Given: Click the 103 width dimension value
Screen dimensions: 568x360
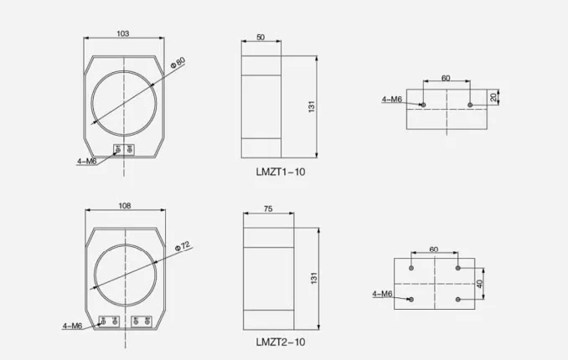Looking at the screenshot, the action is pyautogui.click(x=123, y=33).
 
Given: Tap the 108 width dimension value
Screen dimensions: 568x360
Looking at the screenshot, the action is pyautogui.click(x=125, y=206).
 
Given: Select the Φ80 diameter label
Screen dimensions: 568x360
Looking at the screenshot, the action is pyautogui.click(x=178, y=62).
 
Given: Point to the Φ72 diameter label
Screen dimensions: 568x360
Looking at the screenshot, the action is pyautogui.click(x=182, y=246).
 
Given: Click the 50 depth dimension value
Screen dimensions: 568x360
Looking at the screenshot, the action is pyautogui.click(x=261, y=38).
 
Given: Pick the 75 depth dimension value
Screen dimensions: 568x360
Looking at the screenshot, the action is pyautogui.click(x=268, y=209).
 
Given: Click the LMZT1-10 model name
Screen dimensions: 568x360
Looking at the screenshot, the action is pyautogui.click(x=281, y=172).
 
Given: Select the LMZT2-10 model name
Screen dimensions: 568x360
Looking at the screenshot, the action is pyautogui.click(x=281, y=342).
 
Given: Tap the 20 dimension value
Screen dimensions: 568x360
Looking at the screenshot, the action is pyautogui.click(x=493, y=97).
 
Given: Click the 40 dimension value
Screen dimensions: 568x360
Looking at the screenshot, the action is pyautogui.click(x=480, y=284).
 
